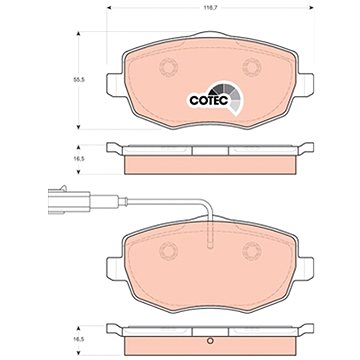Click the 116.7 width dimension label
point(210,7)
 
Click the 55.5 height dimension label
point(78,80)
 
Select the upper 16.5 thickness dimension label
point(78,159)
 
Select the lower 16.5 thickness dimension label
point(78,339)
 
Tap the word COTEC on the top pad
point(209,100)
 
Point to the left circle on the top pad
point(168,67)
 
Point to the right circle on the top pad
point(252,67)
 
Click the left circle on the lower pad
point(168,251)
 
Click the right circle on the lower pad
point(252,251)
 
